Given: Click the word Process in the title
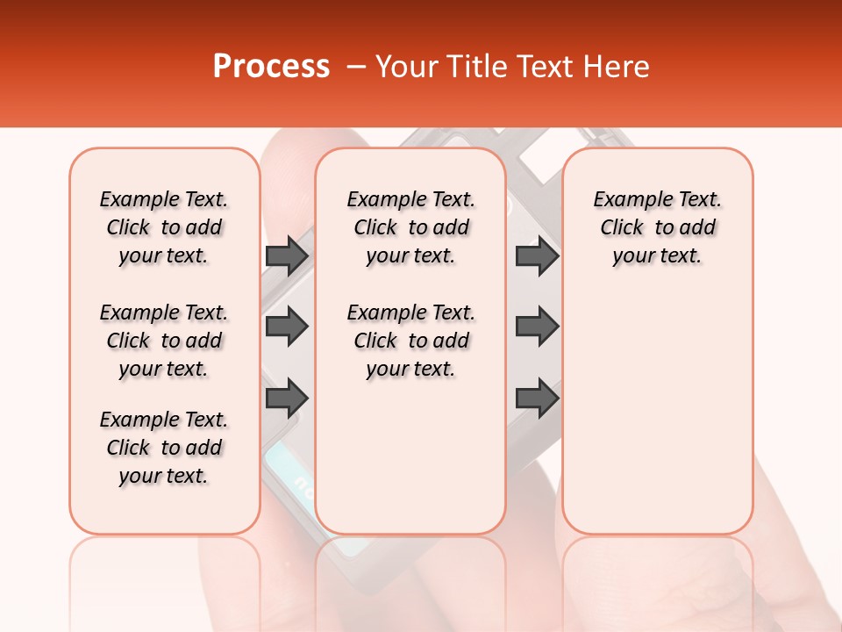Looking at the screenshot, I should click(271, 67).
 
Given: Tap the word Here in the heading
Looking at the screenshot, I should click(617, 67).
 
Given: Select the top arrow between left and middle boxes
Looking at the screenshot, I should click(287, 255).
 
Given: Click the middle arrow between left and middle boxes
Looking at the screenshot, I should click(287, 327).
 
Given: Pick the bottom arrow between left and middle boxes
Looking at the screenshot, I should click(287, 398).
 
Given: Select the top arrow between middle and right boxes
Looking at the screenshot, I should click(537, 255).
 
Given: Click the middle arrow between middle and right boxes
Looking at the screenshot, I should click(537, 327).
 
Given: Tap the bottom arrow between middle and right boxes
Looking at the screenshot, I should click(537, 398).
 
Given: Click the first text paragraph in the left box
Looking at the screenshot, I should click(164, 227).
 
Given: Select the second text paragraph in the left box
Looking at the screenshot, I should click(164, 341).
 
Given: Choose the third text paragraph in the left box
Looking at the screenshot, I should click(164, 448).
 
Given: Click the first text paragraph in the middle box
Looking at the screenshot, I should click(410, 227).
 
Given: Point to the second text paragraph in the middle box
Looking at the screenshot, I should click(410, 341).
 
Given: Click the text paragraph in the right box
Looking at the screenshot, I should click(657, 227).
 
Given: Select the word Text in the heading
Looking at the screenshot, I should click(547, 67).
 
